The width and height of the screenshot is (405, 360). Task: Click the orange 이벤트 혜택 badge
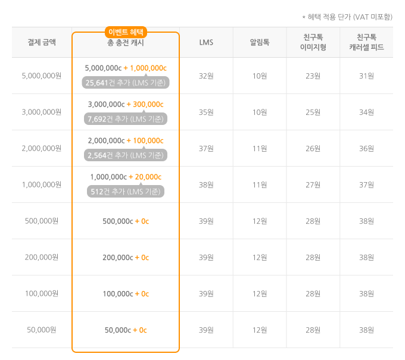coord(126,32)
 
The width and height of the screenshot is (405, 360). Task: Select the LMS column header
coord(206,42)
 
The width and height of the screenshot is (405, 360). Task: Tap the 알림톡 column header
coord(260,42)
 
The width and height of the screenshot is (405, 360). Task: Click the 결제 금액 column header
coord(42,42)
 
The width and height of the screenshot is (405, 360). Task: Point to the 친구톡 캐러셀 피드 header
coord(366,42)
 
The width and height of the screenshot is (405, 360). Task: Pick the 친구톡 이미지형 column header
coord(313,42)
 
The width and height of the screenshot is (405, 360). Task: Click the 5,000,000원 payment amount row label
coord(42,76)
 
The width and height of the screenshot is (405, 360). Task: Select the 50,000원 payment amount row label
coord(42,330)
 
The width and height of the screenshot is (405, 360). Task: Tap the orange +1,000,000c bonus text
coord(145,68)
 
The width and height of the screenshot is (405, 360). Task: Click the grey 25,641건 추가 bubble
coord(126,82)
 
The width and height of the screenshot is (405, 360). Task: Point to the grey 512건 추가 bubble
coord(126,191)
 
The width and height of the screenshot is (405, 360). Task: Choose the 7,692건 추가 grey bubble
coord(126,118)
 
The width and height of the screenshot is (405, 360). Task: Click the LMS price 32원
coord(206,76)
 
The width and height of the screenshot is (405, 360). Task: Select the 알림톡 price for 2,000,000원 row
coord(260,148)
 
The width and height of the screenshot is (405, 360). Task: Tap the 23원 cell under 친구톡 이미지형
coord(313,76)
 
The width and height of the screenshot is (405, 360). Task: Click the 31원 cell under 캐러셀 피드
coord(366,76)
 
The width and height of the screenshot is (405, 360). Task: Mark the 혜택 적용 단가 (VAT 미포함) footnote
coord(347,17)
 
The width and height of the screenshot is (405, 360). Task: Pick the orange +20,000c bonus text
coord(145,177)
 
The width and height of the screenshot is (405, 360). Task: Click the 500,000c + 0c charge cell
coord(126,221)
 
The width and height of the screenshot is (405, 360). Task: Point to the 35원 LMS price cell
coord(206,112)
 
